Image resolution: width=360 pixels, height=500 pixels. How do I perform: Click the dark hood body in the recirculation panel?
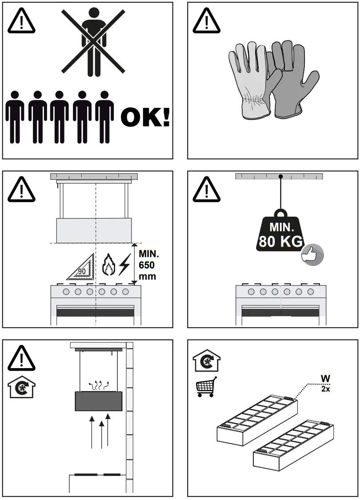click(99, 401)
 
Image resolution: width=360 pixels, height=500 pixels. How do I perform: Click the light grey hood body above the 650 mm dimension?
click(94, 230)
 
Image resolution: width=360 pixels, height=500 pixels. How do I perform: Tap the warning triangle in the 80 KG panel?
click(207, 190)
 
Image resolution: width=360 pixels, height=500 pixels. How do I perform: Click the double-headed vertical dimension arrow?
click(134, 263)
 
